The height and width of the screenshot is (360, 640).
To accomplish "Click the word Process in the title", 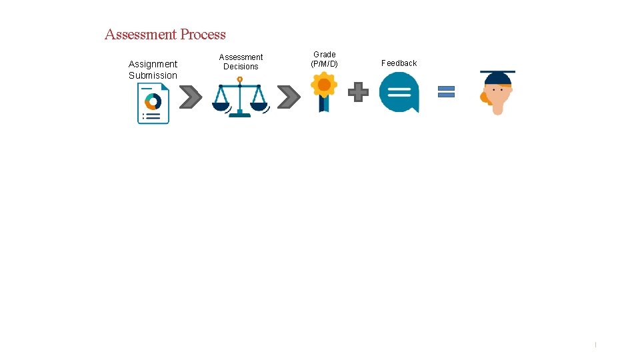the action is pyautogui.click(x=203, y=35).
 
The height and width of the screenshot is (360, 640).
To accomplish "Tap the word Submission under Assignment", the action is pyautogui.click(x=153, y=75).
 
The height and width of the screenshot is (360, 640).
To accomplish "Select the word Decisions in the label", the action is pyautogui.click(x=241, y=67).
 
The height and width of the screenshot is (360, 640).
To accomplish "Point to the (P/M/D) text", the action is pyautogui.click(x=324, y=64).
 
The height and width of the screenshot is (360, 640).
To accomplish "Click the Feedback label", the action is pyautogui.click(x=399, y=63).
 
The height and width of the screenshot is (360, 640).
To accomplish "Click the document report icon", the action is pyautogui.click(x=153, y=104).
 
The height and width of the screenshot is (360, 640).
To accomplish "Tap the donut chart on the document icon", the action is pyautogui.click(x=153, y=101).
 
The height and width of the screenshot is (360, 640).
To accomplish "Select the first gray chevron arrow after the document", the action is pyautogui.click(x=191, y=97).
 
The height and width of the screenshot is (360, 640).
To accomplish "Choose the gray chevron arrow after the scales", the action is pyautogui.click(x=288, y=97).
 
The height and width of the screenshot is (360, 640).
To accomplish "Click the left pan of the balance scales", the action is pyautogui.click(x=221, y=105).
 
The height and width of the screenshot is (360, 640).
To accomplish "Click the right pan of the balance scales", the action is pyautogui.click(x=258, y=105).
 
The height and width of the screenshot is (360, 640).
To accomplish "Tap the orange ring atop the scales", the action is pyautogui.click(x=239, y=79).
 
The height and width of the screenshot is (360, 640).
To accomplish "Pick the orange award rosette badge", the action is pyautogui.click(x=324, y=85).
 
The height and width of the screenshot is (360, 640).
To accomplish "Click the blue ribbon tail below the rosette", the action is pyautogui.click(x=324, y=104).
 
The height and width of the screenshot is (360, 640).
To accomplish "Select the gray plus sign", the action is pyautogui.click(x=358, y=92).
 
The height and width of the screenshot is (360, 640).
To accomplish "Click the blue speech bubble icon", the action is pyautogui.click(x=399, y=92).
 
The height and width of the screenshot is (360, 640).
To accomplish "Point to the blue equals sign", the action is pyautogui.click(x=446, y=91).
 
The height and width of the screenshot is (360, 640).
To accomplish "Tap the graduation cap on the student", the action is pyautogui.click(x=497, y=77).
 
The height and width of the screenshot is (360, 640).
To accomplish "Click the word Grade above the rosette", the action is pyautogui.click(x=325, y=55).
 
